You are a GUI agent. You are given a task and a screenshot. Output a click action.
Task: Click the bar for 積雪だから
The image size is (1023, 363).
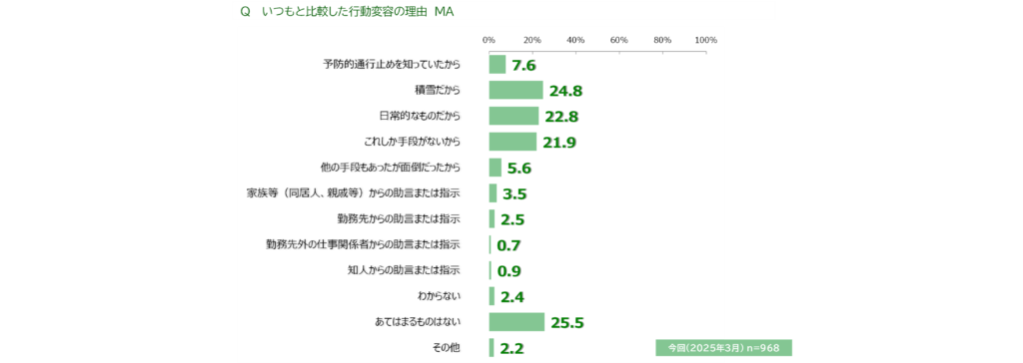click(516, 90)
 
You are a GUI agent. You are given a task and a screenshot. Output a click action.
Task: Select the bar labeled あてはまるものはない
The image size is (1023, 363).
click(516, 322)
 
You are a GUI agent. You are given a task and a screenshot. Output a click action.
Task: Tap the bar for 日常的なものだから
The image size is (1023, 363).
click(514, 116)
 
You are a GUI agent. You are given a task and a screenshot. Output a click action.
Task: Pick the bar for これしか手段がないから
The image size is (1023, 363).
click(512, 142)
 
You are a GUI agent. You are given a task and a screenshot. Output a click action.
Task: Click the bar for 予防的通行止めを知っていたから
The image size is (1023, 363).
click(498, 65)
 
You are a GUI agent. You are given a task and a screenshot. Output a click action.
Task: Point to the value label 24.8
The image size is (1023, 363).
click(565, 91)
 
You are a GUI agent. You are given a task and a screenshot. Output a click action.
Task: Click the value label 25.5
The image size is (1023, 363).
click(567, 323)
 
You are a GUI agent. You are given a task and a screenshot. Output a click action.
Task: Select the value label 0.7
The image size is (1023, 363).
click(509, 245)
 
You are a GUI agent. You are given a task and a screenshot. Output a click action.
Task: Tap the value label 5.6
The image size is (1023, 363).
click(519, 169)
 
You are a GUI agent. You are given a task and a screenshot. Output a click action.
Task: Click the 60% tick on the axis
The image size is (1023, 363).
click(619, 40)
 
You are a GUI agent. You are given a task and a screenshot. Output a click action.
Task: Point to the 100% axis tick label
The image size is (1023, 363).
click(706, 40)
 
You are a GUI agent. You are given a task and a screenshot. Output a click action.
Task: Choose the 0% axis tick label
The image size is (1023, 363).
click(489, 40)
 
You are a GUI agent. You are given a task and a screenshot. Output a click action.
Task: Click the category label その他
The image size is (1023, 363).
click(447, 348)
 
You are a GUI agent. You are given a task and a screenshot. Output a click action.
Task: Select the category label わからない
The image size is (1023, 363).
click(440, 296)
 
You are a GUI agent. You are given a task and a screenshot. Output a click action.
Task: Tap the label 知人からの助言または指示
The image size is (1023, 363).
click(405, 270)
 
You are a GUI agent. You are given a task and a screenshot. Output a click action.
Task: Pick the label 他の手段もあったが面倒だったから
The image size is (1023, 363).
click(391, 168)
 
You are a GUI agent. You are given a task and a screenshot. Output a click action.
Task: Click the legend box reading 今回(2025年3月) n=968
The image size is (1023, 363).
click(723, 347)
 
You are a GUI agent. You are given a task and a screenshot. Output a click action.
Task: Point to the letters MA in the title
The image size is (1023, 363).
click(445, 13)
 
